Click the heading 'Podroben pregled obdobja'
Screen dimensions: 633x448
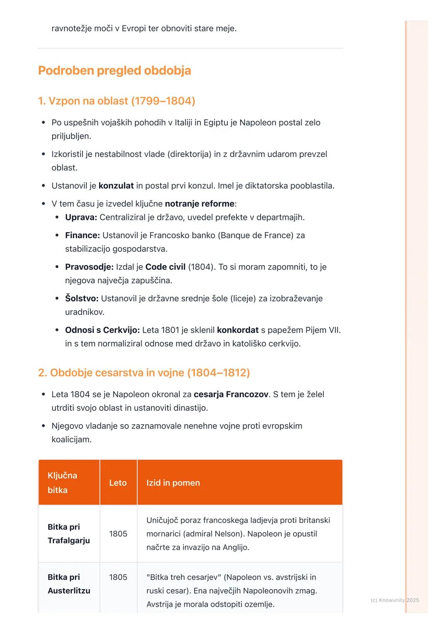[x=114, y=70]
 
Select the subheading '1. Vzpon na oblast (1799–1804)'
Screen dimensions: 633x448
[x=117, y=101]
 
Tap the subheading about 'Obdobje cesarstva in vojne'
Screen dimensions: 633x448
[x=144, y=372]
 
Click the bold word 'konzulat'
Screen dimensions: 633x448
[x=116, y=186]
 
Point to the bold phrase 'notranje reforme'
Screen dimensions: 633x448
[x=200, y=203]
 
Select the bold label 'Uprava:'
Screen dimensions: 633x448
[x=81, y=217]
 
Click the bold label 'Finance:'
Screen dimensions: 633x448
[x=83, y=235]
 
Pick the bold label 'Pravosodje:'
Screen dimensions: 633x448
[x=89, y=267]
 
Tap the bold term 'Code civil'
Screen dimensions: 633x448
[x=165, y=267]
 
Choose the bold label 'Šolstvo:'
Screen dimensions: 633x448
[x=82, y=298]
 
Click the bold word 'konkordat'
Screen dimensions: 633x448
[x=238, y=330]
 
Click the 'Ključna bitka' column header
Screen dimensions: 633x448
[x=62, y=483]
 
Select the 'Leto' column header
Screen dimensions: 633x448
[x=118, y=483]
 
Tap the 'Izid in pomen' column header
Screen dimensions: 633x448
[x=173, y=483]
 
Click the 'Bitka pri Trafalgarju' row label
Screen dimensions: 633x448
[x=68, y=534]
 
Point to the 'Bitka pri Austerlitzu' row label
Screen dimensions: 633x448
[x=69, y=584]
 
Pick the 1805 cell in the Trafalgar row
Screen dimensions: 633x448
[x=118, y=534]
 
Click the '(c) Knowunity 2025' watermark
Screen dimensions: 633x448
[x=394, y=600]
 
